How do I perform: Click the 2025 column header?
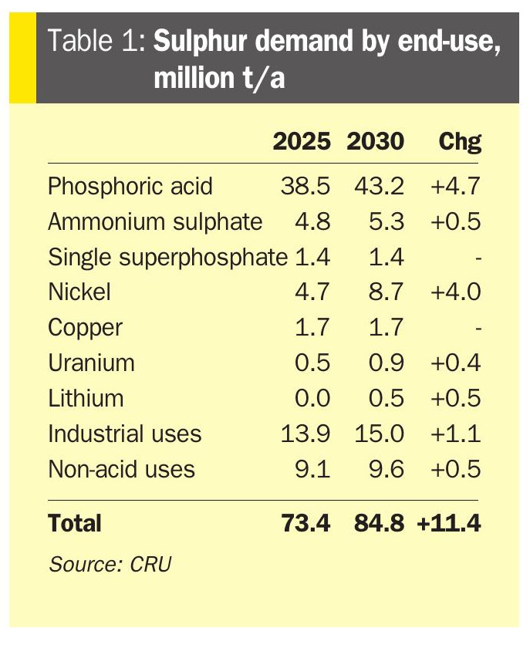pyautogui.click(x=302, y=142)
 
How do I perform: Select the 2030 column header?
pyautogui.click(x=375, y=142)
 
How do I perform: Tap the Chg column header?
pyautogui.click(x=460, y=142)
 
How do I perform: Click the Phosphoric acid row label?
pyautogui.click(x=130, y=186)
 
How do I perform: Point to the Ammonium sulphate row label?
pyautogui.click(x=155, y=221)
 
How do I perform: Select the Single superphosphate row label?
pyautogui.click(x=167, y=257)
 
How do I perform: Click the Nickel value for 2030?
pyautogui.click(x=385, y=292)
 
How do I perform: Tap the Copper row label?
pyautogui.click(x=85, y=327)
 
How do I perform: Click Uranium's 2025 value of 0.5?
pyautogui.click(x=312, y=363)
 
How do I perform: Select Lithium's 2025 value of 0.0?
pyautogui.click(x=312, y=398)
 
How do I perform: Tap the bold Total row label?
pyautogui.click(x=75, y=523)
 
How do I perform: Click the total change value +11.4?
pyautogui.click(x=448, y=523)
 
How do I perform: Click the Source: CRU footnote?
pyautogui.click(x=110, y=564)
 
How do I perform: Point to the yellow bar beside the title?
pyautogui.click(x=22, y=59)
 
